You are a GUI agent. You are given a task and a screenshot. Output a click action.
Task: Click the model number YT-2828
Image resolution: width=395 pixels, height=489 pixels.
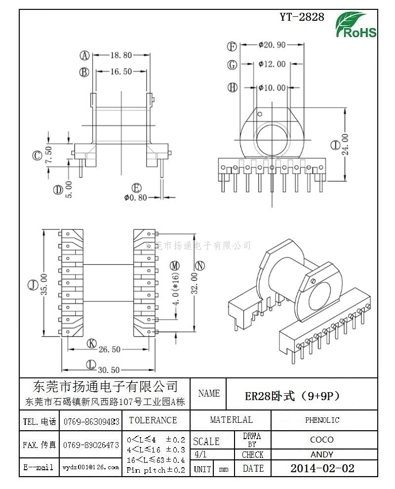click(x=302, y=17)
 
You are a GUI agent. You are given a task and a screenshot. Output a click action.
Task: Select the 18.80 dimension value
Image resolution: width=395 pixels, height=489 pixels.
click(x=120, y=55)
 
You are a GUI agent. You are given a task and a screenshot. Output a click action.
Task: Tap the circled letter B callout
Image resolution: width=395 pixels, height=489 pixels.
click(x=84, y=72)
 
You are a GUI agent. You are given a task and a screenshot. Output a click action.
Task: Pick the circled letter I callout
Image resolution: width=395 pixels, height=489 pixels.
click(x=335, y=145)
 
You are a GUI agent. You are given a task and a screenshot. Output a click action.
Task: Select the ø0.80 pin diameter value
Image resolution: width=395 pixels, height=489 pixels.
click(x=136, y=198)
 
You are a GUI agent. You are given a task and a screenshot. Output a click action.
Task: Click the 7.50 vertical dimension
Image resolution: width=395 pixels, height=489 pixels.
click(x=48, y=155)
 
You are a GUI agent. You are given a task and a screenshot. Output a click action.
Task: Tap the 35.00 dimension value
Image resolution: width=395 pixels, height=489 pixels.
click(x=44, y=285)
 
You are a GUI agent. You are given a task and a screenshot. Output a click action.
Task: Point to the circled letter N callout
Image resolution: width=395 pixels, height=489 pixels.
click(x=199, y=265)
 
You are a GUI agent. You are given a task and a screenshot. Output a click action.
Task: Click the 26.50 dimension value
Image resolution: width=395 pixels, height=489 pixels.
click(x=109, y=349)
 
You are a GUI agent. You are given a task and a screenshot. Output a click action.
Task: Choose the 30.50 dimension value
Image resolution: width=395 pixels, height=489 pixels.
click(x=109, y=369)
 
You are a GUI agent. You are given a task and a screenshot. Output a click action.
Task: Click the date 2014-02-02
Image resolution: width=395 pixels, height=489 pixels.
click(x=322, y=468)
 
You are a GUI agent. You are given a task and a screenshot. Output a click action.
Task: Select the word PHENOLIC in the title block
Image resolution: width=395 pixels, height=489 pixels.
click(x=322, y=420)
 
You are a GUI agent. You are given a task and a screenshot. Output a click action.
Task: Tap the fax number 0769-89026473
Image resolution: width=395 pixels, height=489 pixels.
click(x=91, y=445)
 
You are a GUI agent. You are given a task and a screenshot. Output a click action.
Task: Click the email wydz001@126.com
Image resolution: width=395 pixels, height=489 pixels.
click(x=91, y=467)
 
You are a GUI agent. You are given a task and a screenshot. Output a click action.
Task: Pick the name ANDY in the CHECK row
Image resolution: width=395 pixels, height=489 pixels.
click(x=322, y=454)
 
